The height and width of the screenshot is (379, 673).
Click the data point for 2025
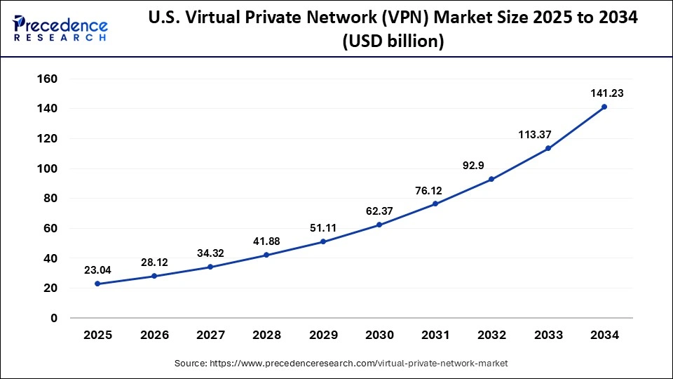pyautogui.click(x=97, y=284)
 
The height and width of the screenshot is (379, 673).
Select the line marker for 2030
pyautogui.click(x=379, y=225)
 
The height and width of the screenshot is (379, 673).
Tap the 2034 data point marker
pyautogui.click(x=604, y=107)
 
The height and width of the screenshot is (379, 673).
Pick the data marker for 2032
pyautogui.click(x=491, y=179)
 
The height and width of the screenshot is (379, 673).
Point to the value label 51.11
pyautogui.click(x=323, y=227)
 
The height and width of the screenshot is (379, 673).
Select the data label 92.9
pyautogui.click(x=491, y=165)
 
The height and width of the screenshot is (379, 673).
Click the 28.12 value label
pyautogui.click(x=154, y=262)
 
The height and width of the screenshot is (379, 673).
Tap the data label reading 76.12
pyautogui.click(x=435, y=189)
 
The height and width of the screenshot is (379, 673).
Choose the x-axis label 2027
pyautogui.click(x=210, y=335)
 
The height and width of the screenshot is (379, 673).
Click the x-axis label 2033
pyautogui.click(x=548, y=335)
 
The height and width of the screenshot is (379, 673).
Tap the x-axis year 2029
pyautogui.click(x=323, y=335)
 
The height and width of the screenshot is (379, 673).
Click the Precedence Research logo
pyautogui.click(x=60, y=28)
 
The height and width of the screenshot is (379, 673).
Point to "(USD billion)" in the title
pyautogui.click(x=393, y=42)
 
